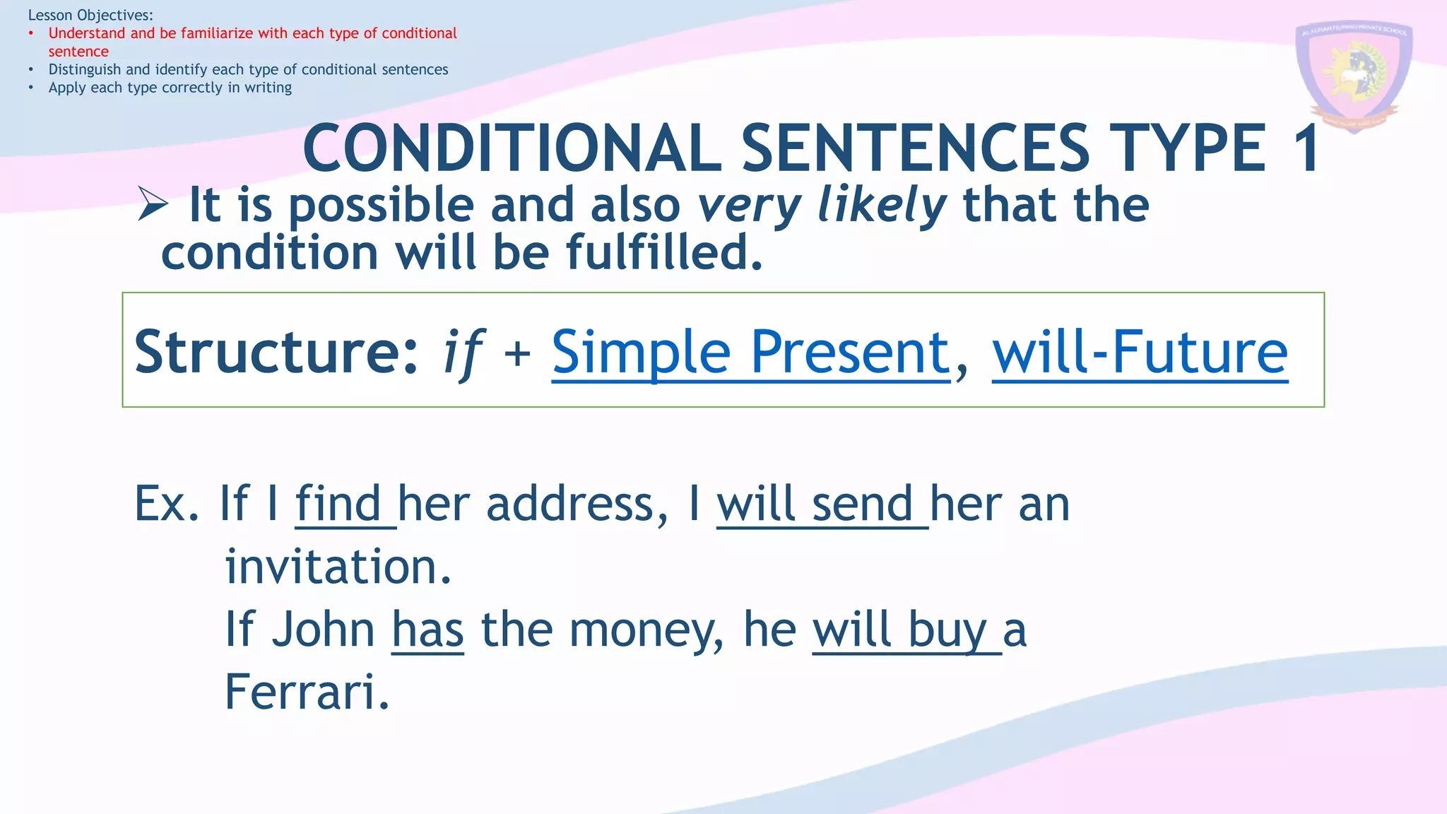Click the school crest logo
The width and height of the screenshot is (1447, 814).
[x=1354, y=75]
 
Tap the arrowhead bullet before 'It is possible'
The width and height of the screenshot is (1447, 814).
[x=152, y=204]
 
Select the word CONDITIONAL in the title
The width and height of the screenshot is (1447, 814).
[x=512, y=148]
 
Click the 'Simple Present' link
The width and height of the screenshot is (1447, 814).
[x=750, y=352]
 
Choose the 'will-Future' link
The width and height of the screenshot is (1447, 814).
[x=1140, y=352]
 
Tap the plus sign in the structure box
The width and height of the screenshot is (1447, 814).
[x=517, y=353]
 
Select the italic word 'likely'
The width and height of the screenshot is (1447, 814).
[x=881, y=206]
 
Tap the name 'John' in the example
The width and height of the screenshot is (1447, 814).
[x=323, y=629]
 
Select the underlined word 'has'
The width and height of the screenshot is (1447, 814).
[x=427, y=629]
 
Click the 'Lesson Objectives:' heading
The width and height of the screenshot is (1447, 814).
[x=90, y=15]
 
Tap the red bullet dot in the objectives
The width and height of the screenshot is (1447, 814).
[x=31, y=33]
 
